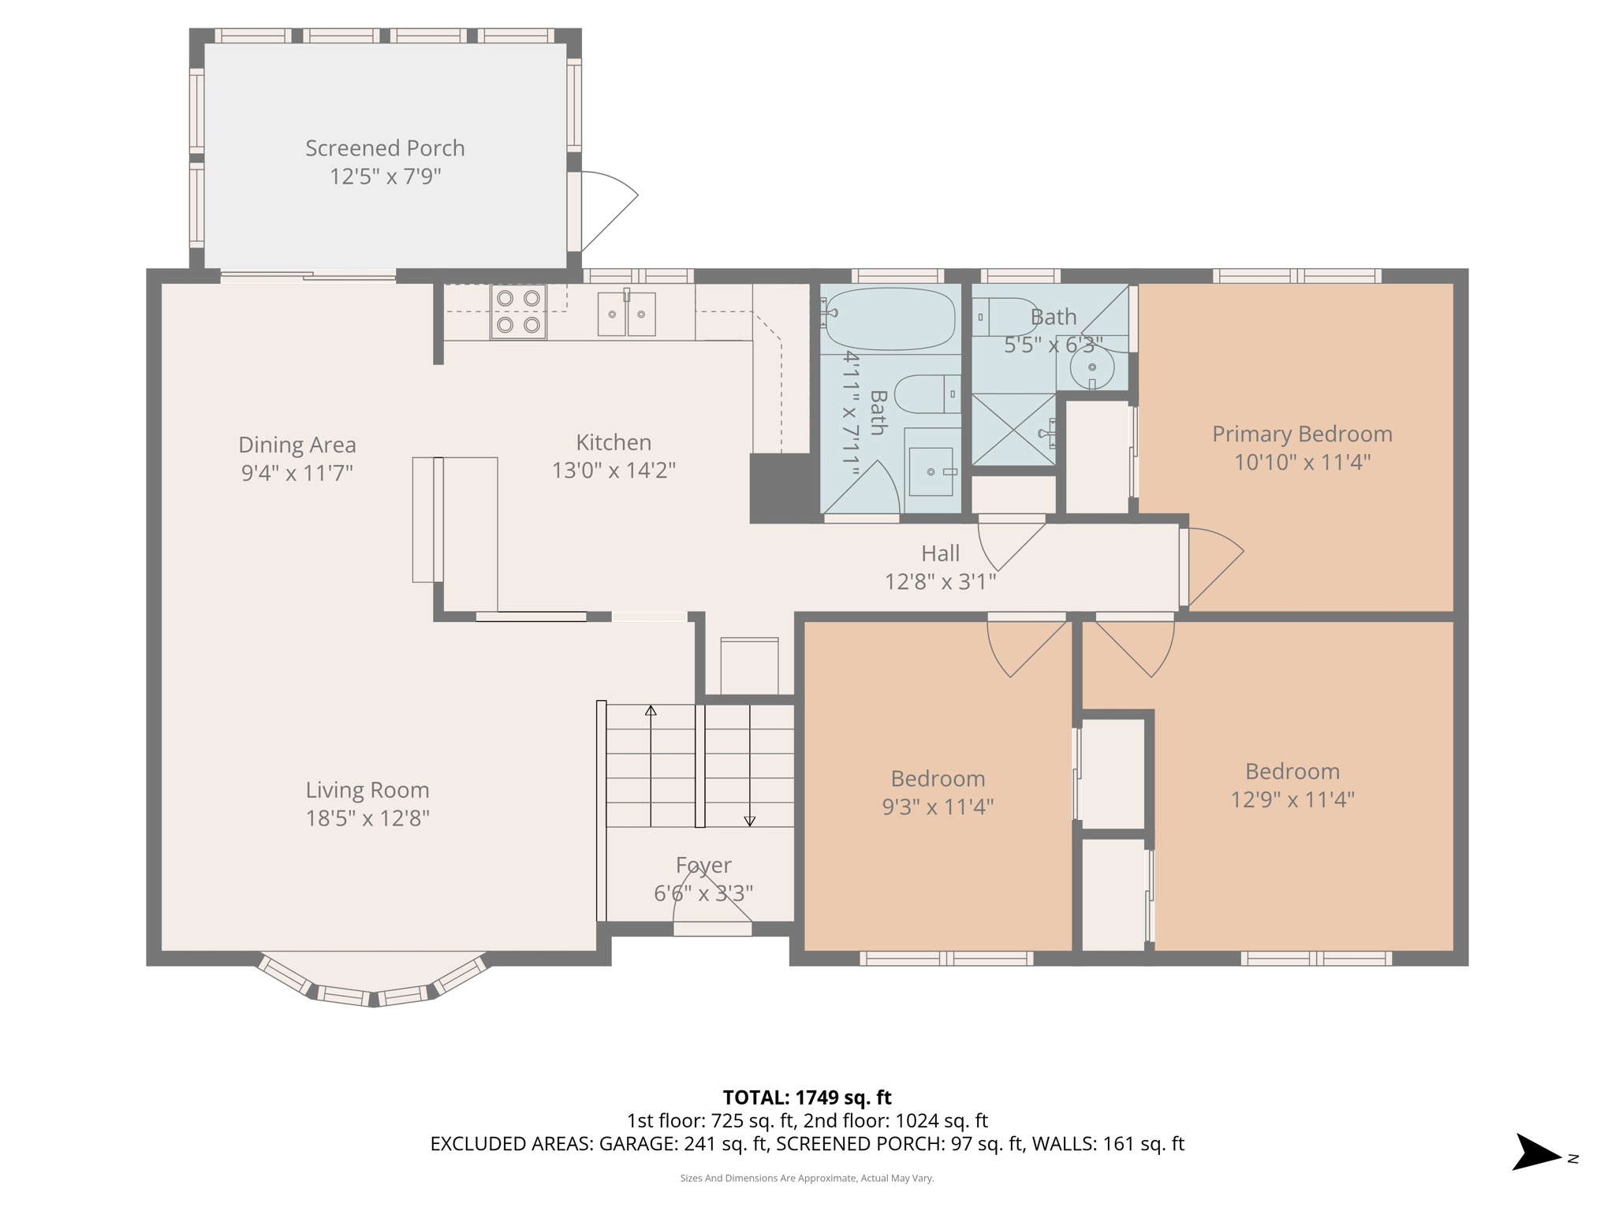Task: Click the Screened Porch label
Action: tap(385, 148)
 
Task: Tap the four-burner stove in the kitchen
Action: tap(518, 311)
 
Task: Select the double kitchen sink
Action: tap(626, 314)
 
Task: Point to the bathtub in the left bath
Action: tap(890, 319)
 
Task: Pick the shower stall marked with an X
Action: tap(1013, 430)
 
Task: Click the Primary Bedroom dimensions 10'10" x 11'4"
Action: tap(1302, 462)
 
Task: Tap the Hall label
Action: tap(940, 553)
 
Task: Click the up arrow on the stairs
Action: tap(651, 711)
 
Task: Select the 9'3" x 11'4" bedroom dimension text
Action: tap(938, 807)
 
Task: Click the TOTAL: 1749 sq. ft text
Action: tap(807, 1097)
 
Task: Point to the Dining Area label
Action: tap(297, 445)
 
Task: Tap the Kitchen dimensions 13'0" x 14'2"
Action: tap(614, 471)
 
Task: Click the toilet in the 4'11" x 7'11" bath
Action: tap(927, 393)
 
